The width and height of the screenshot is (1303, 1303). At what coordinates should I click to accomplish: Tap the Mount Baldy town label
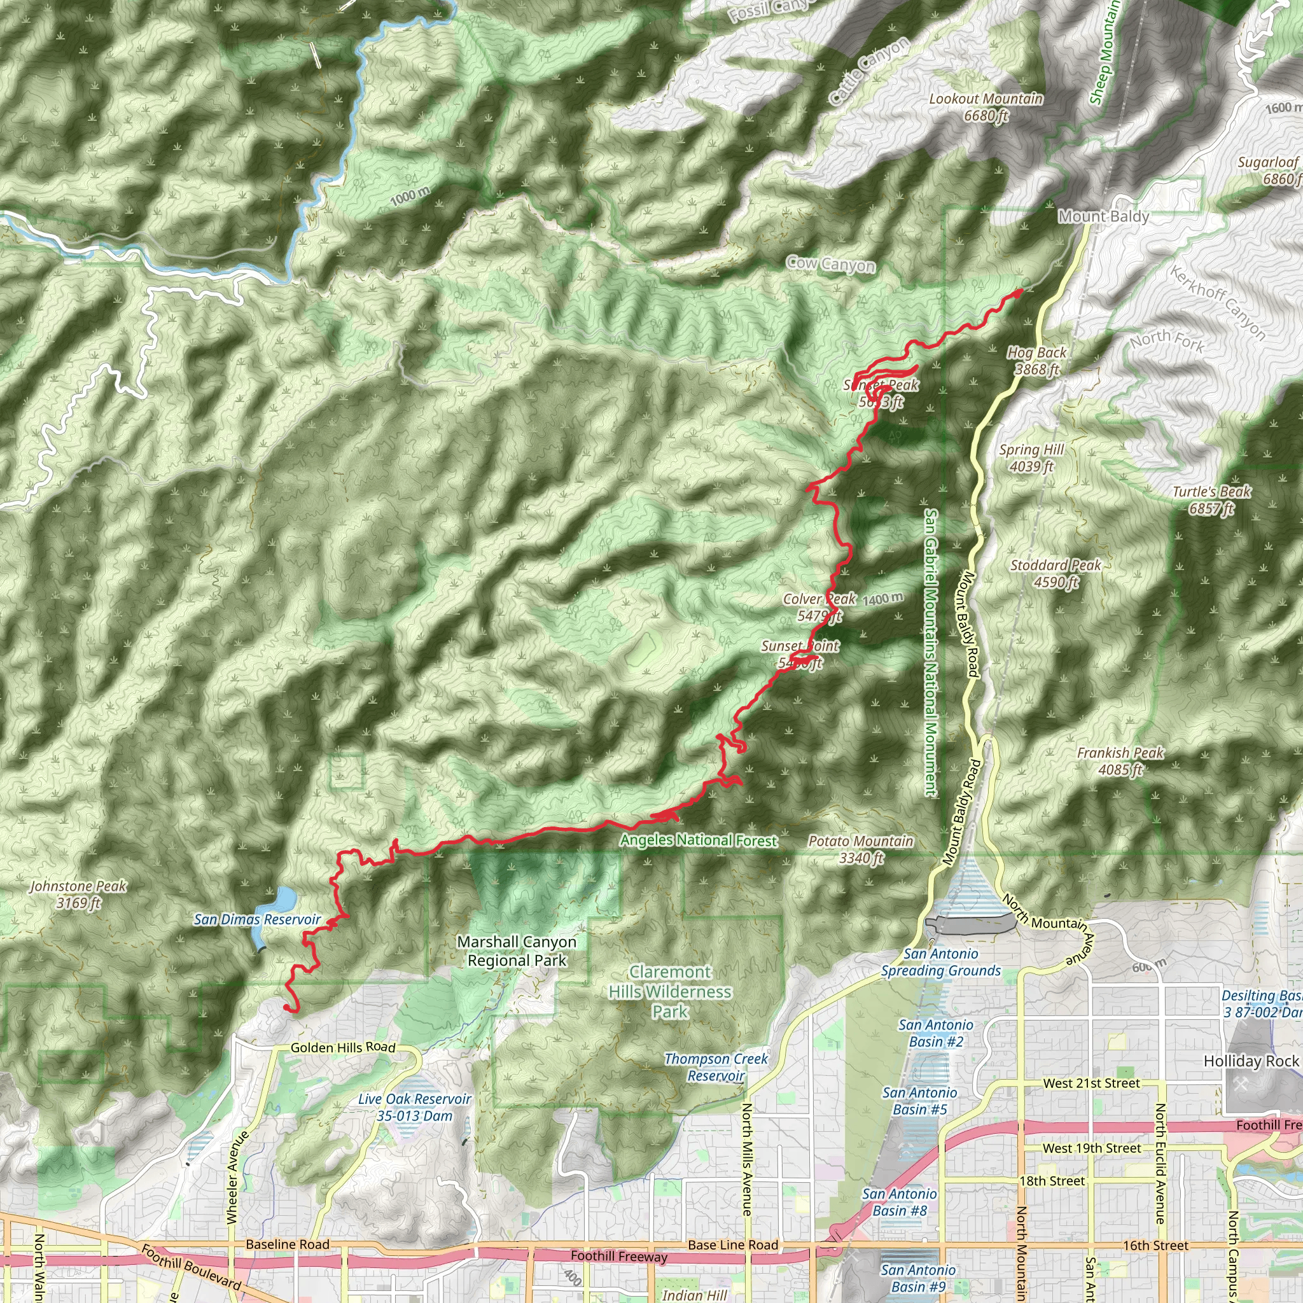pyautogui.click(x=1103, y=216)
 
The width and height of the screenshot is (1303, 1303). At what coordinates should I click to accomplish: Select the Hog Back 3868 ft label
pyautogui.click(x=1036, y=361)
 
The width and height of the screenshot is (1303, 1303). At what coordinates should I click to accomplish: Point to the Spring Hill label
pyautogui.click(x=1031, y=458)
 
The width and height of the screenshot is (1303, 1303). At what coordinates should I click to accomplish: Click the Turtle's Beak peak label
pyautogui.click(x=1211, y=499)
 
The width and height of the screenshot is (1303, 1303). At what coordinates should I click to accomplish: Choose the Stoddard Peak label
pyautogui.click(x=1056, y=573)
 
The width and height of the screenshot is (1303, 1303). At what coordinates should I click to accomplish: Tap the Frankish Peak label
pyautogui.click(x=1120, y=761)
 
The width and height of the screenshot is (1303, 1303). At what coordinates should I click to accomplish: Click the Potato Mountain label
pyautogui.click(x=861, y=849)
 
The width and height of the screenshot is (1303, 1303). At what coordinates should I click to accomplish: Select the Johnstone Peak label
pyautogui.click(x=78, y=895)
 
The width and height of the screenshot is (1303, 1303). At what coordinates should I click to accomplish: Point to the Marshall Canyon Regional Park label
pyautogui.click(x=517, y=951)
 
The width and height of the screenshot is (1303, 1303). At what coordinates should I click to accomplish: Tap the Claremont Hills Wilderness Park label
pyautogui.click(x=670, y=991)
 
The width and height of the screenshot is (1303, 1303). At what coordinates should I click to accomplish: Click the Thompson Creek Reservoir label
pyautogui.click(x=716, y=1067)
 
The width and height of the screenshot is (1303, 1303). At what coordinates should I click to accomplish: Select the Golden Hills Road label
pyautogui.click(x=343, y=1047)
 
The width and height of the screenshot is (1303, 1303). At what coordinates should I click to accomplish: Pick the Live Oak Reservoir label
pyautogui.click(x=414, y=1107)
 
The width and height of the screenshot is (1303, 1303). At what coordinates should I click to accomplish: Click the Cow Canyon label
pyautogui.click(x=831, y=265)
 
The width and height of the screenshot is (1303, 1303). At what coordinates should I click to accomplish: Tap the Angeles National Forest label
pyautogui.click(x=699, y=840)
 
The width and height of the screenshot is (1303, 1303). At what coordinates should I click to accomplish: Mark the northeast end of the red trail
pyautogui.click(x=1021, y=291)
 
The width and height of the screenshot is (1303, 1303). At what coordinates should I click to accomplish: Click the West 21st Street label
pyautogui.click(x=1091, y=1083)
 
